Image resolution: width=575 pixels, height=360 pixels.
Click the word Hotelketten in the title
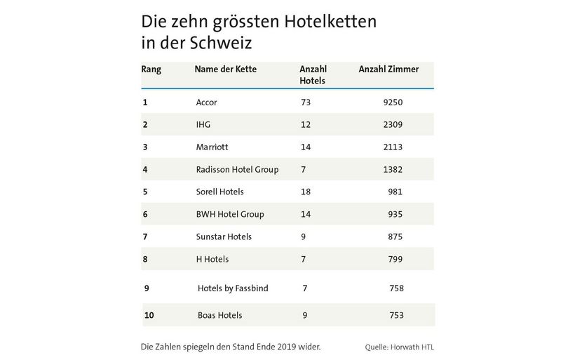pos(330,21)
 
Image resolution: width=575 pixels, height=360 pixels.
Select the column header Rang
pos(151,69)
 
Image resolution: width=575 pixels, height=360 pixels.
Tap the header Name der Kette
pos(226,69)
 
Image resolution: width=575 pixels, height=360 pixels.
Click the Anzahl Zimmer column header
pos(388,69)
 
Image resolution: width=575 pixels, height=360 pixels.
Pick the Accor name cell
pos(207,102)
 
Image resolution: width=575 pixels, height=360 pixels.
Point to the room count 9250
pos(393,102)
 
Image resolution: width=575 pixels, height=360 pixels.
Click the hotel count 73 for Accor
pos(305,102)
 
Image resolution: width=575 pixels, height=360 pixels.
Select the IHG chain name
pos(203,125)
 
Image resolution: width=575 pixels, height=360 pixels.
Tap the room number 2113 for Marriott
pos(393,147)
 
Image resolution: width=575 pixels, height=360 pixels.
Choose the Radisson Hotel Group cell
pos(237,170)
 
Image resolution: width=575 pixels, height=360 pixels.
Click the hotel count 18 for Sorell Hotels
pos(305,192)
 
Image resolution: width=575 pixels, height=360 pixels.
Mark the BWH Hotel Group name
pos(230,215)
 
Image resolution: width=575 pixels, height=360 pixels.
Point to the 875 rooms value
pos(395,237)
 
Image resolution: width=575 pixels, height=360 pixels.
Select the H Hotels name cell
pos(212,260)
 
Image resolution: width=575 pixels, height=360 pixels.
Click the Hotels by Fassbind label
pos(233,288)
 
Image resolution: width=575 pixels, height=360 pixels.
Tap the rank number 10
pos(149,316)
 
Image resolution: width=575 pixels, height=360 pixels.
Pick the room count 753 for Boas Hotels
pos(396,316)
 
